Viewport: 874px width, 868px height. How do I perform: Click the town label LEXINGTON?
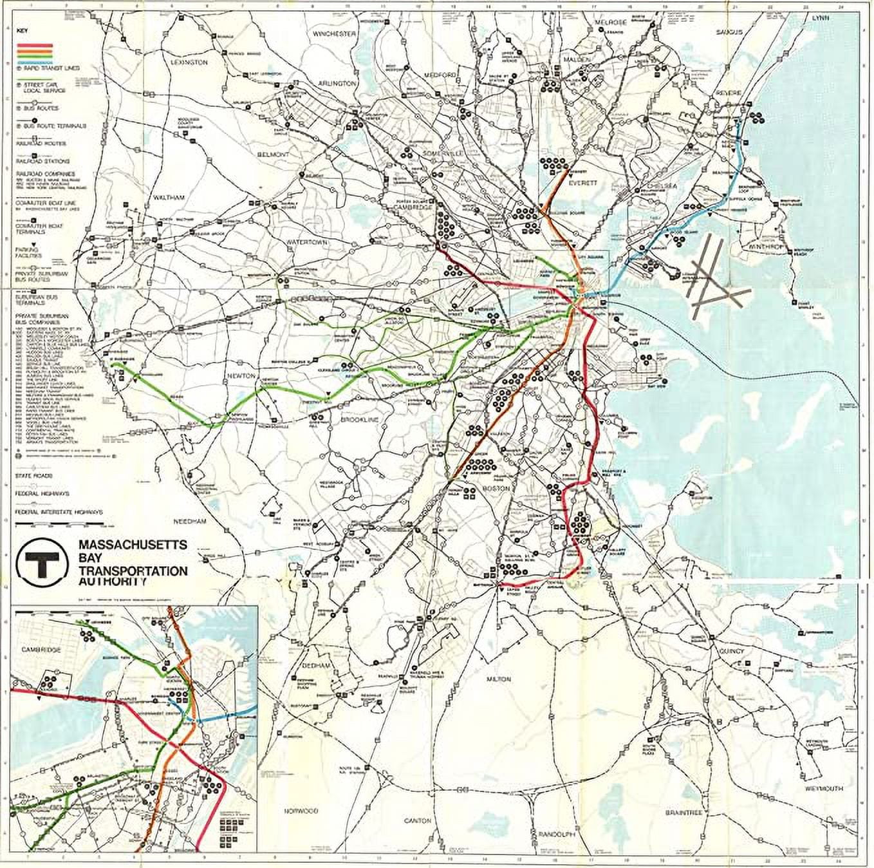[190, 62]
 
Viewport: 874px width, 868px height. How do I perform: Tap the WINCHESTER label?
[335, 33]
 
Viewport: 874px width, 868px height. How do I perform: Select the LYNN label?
[821, 17]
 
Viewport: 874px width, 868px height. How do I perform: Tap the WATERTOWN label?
[308, 242]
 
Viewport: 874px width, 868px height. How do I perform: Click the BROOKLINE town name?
[360, 420]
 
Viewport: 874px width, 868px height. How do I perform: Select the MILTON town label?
[499, 679]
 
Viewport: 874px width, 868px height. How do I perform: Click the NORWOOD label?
[301, 810]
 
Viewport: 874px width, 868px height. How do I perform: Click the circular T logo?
[43, 562]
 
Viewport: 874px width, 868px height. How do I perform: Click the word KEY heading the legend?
[23, 30]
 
